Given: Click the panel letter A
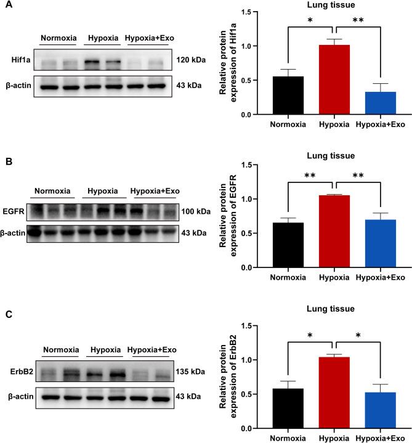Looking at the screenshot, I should [5, 6].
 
